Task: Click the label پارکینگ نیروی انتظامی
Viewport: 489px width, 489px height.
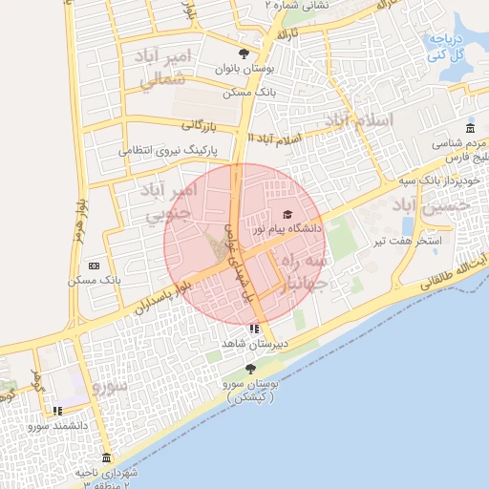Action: pyautogui.click(x=169, y=151)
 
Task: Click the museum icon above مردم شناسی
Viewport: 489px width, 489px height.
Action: pyautogui.click(x=469, y=129)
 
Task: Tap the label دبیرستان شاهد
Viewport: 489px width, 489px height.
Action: pyautogui.click(x=254, y=342)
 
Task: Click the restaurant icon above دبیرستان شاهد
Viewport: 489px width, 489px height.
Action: pyautogui.click(x=253, y=328)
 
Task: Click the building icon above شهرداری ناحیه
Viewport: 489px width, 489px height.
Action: pyautogui.click(x=106, y=457)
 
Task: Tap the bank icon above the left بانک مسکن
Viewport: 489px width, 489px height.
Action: pyautogui.click(x=94, y=266)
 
